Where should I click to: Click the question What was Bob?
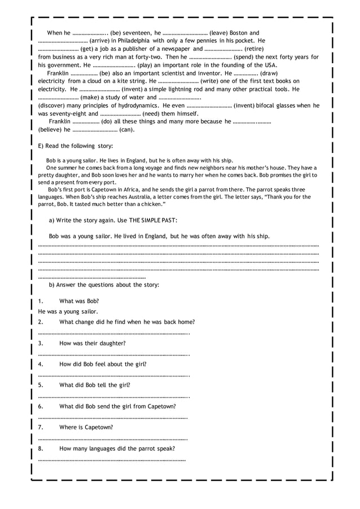[79, 301]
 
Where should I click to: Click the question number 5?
[41, 385]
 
